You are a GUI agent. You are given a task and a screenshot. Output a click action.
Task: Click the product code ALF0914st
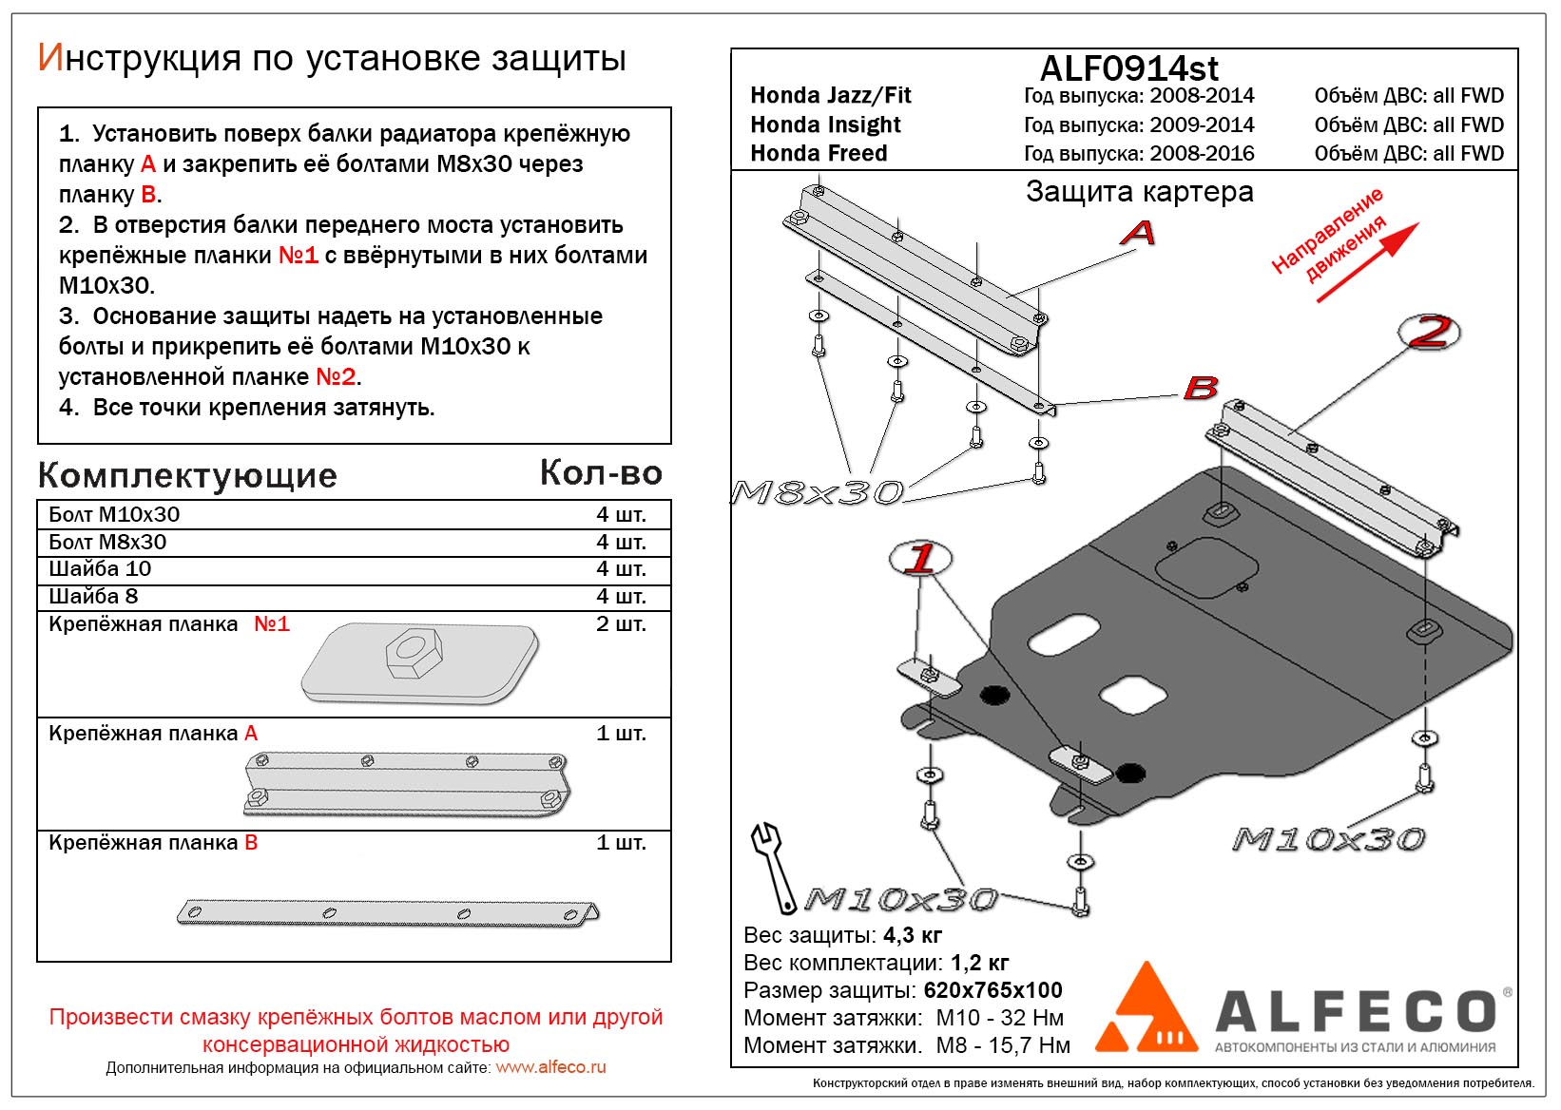[x=1128, y=68]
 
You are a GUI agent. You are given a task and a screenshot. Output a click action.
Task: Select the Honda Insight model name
[x=825, y=124]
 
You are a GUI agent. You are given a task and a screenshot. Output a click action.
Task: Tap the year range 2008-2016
[x=1202, y=153]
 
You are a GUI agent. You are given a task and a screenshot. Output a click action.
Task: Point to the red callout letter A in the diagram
[x=1138, y=232]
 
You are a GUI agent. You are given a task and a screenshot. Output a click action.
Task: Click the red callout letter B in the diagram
[x=1201, y=388]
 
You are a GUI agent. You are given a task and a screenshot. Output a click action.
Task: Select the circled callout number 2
[x=1430, y=332]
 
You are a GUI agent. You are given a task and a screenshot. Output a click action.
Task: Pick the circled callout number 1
[x=920, y=558]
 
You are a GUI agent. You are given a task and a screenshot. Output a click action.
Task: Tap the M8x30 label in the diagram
[x=817, y=492]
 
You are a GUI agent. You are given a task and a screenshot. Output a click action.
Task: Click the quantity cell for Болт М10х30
[x=621, y=514]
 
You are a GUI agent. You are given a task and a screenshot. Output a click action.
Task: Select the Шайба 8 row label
[x=93, y=596]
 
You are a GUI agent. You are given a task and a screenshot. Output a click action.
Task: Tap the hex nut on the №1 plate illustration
[x=411, y=653]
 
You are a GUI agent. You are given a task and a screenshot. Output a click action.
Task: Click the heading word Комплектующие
[x=187, y=475]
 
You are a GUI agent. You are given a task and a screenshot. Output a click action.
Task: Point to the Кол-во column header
[x=601, y=472]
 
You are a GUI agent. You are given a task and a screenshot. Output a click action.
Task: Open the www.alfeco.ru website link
[x=550, y=1067]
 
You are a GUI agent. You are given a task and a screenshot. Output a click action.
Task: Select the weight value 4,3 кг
[x=913, y=935]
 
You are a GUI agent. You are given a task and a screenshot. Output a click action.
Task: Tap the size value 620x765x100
[x=992, y=990]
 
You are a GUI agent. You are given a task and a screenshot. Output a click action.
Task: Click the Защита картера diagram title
[x=1139, y=192]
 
